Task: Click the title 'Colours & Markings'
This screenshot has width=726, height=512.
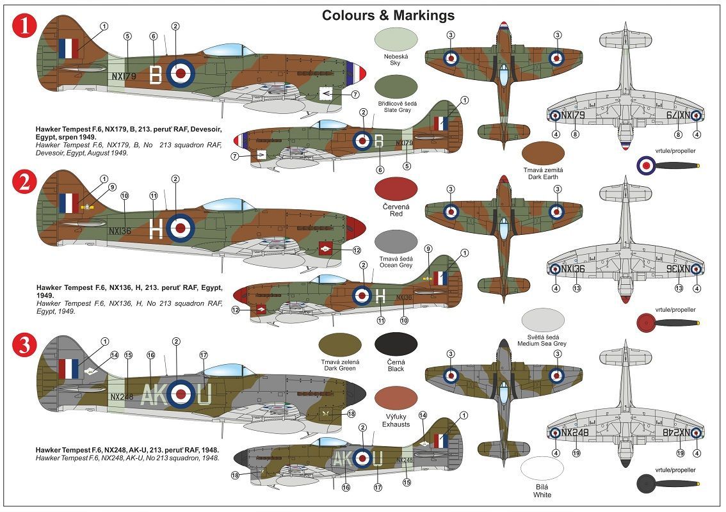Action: click(x=388, y=15)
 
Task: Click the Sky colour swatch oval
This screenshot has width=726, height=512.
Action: click(x=396, y=39)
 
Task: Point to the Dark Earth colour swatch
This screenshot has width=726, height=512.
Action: click(x=543, y=153)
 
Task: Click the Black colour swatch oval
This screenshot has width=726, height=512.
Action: click(x=396, y=344)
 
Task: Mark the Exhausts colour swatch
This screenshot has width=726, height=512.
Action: click(x=396, y=398)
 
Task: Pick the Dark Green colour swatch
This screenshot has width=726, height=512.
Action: click(x=339, y=344)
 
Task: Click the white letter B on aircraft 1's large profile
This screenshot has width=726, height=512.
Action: click(x=155, y=74)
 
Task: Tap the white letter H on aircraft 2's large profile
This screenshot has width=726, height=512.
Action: click(x=156, y=228)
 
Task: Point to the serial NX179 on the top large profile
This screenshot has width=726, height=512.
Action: click(x=124, y=76)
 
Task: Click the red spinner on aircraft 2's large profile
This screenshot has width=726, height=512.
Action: click(x=357, y=226)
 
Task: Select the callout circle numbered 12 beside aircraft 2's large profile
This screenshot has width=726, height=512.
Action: click(x=357, y=250)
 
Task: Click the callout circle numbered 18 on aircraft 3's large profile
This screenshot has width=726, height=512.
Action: click(x=351, y=414)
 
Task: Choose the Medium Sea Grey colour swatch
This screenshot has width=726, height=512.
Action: click(x=543, y=319)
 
